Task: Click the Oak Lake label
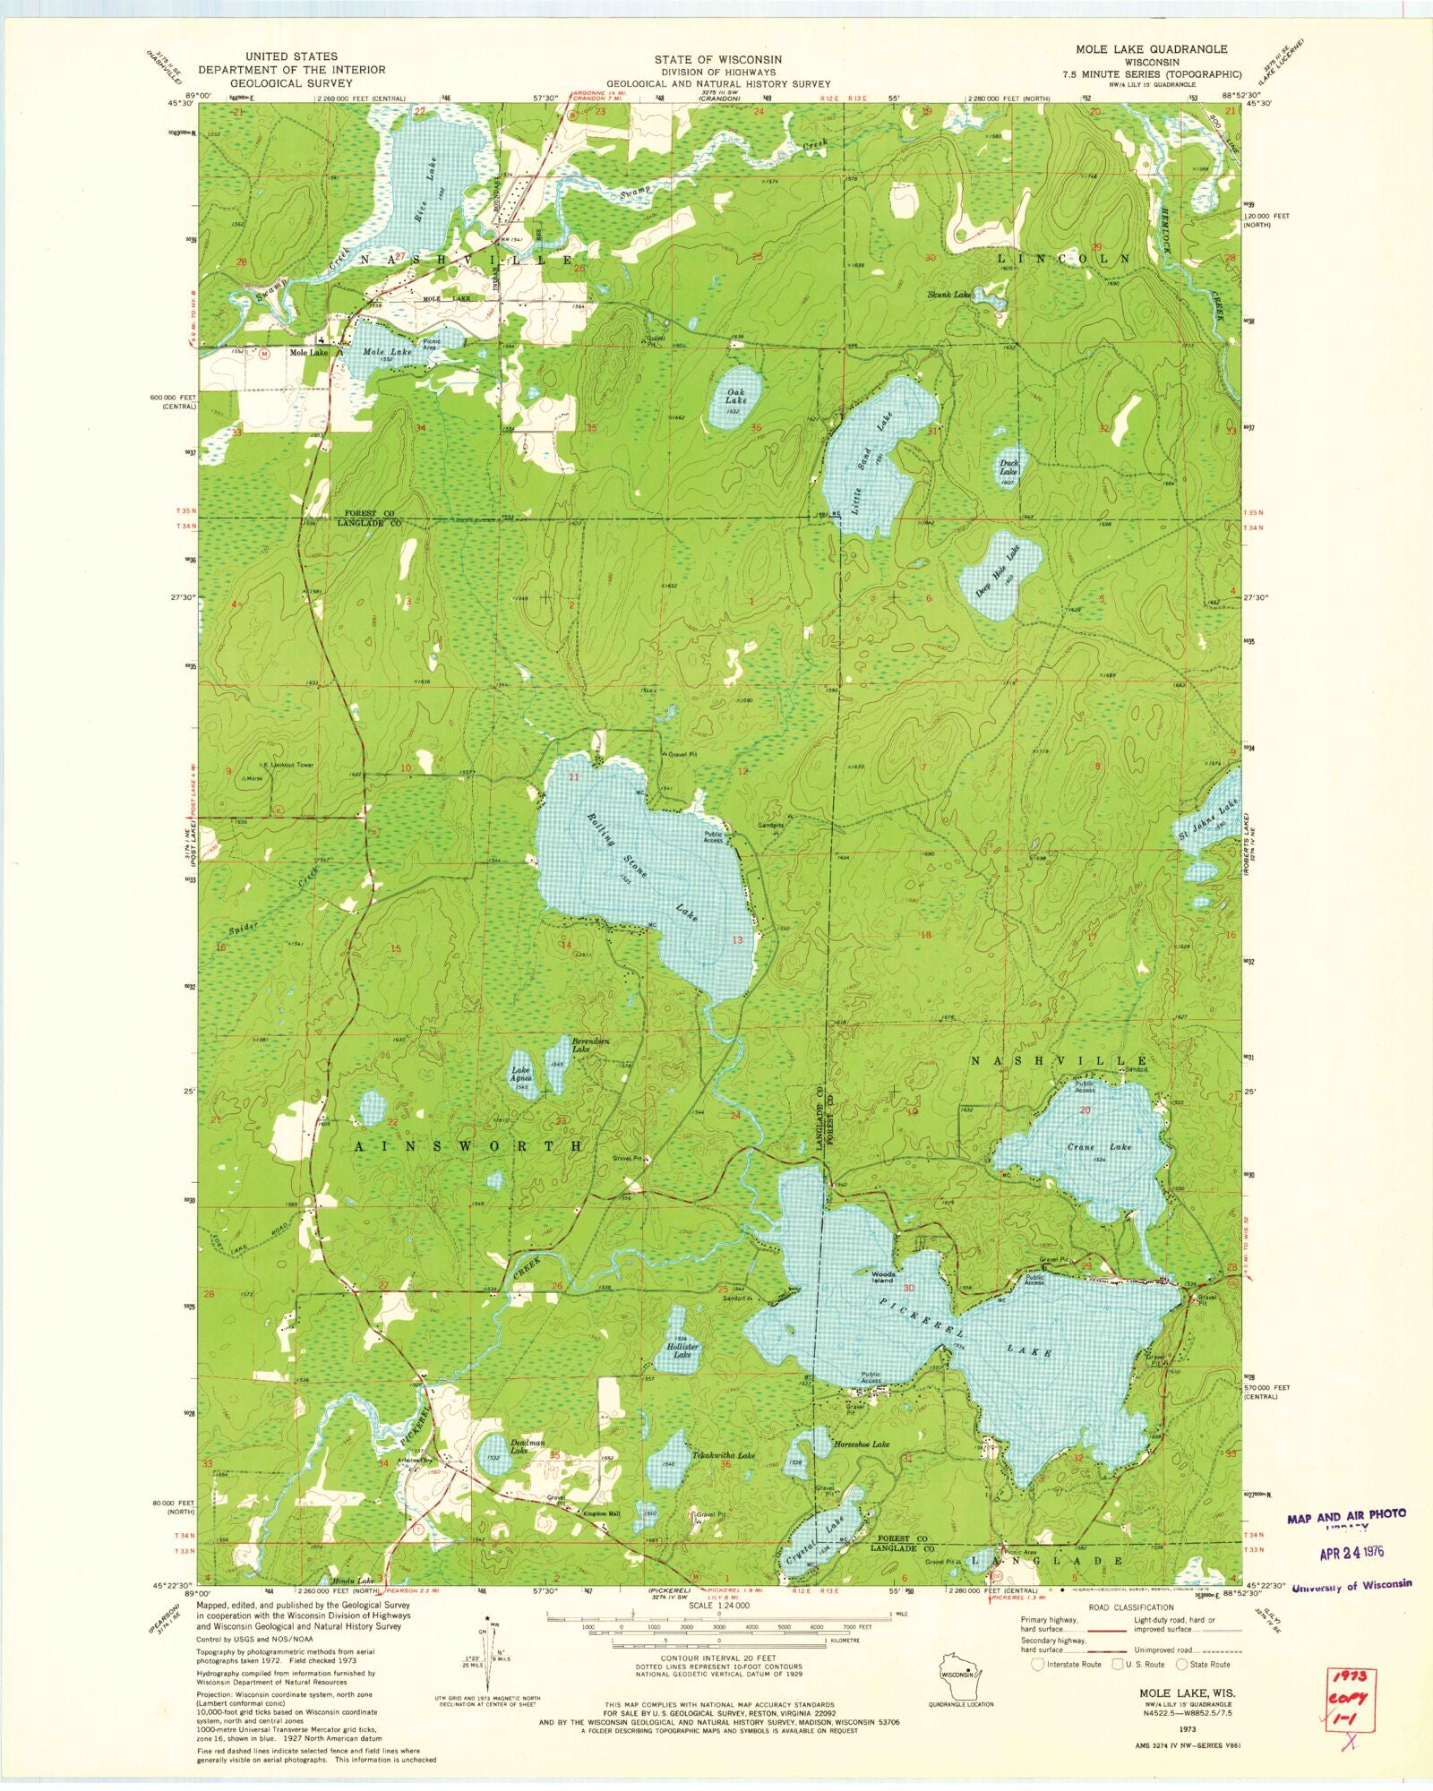point(736,396)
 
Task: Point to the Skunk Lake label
point(948,295)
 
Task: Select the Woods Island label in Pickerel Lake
point(883,1277)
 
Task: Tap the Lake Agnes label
point(520,1074)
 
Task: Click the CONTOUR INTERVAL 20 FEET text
point(716,1658)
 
